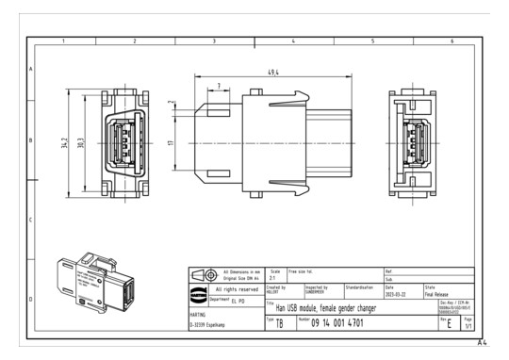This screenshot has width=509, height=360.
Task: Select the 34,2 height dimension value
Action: [65, 142]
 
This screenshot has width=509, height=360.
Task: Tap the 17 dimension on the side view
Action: [171, 142]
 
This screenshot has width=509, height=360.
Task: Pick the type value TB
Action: [279, 323]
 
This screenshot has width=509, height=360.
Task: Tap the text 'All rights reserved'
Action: [242, 289]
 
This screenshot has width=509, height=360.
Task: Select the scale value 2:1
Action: [274, 279]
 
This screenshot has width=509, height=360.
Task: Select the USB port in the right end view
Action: [412, 142]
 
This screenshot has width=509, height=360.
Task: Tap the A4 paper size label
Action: [485, 342]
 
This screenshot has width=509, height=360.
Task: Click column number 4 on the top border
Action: [293, 42]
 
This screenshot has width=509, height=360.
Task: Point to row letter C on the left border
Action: [31, 221]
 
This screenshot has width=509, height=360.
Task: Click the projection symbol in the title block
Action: [202, 274]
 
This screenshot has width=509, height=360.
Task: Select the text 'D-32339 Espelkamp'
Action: [212, 325]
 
